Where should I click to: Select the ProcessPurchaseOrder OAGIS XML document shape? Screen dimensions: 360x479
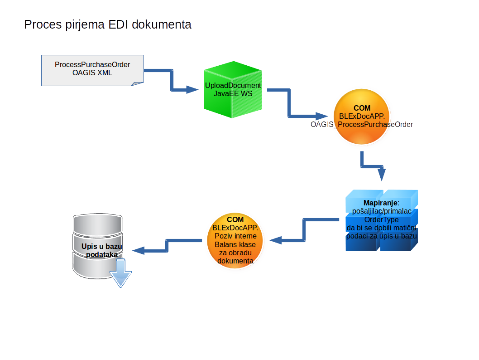click(92, 70)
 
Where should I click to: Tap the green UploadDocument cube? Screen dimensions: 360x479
click(233, 92)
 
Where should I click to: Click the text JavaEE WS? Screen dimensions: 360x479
click(233, 93)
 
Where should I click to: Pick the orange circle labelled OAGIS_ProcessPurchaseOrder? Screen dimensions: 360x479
click(361, 117)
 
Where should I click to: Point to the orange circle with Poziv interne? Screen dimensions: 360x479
click(235, 241)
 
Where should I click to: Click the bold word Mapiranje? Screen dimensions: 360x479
click(380, 202)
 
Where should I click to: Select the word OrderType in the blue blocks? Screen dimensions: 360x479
click(381, 219)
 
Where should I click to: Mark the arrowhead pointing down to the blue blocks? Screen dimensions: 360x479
click(381, 175)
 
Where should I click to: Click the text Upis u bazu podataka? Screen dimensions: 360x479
click(101, 250)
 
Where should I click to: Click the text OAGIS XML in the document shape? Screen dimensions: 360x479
click(92, 73)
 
